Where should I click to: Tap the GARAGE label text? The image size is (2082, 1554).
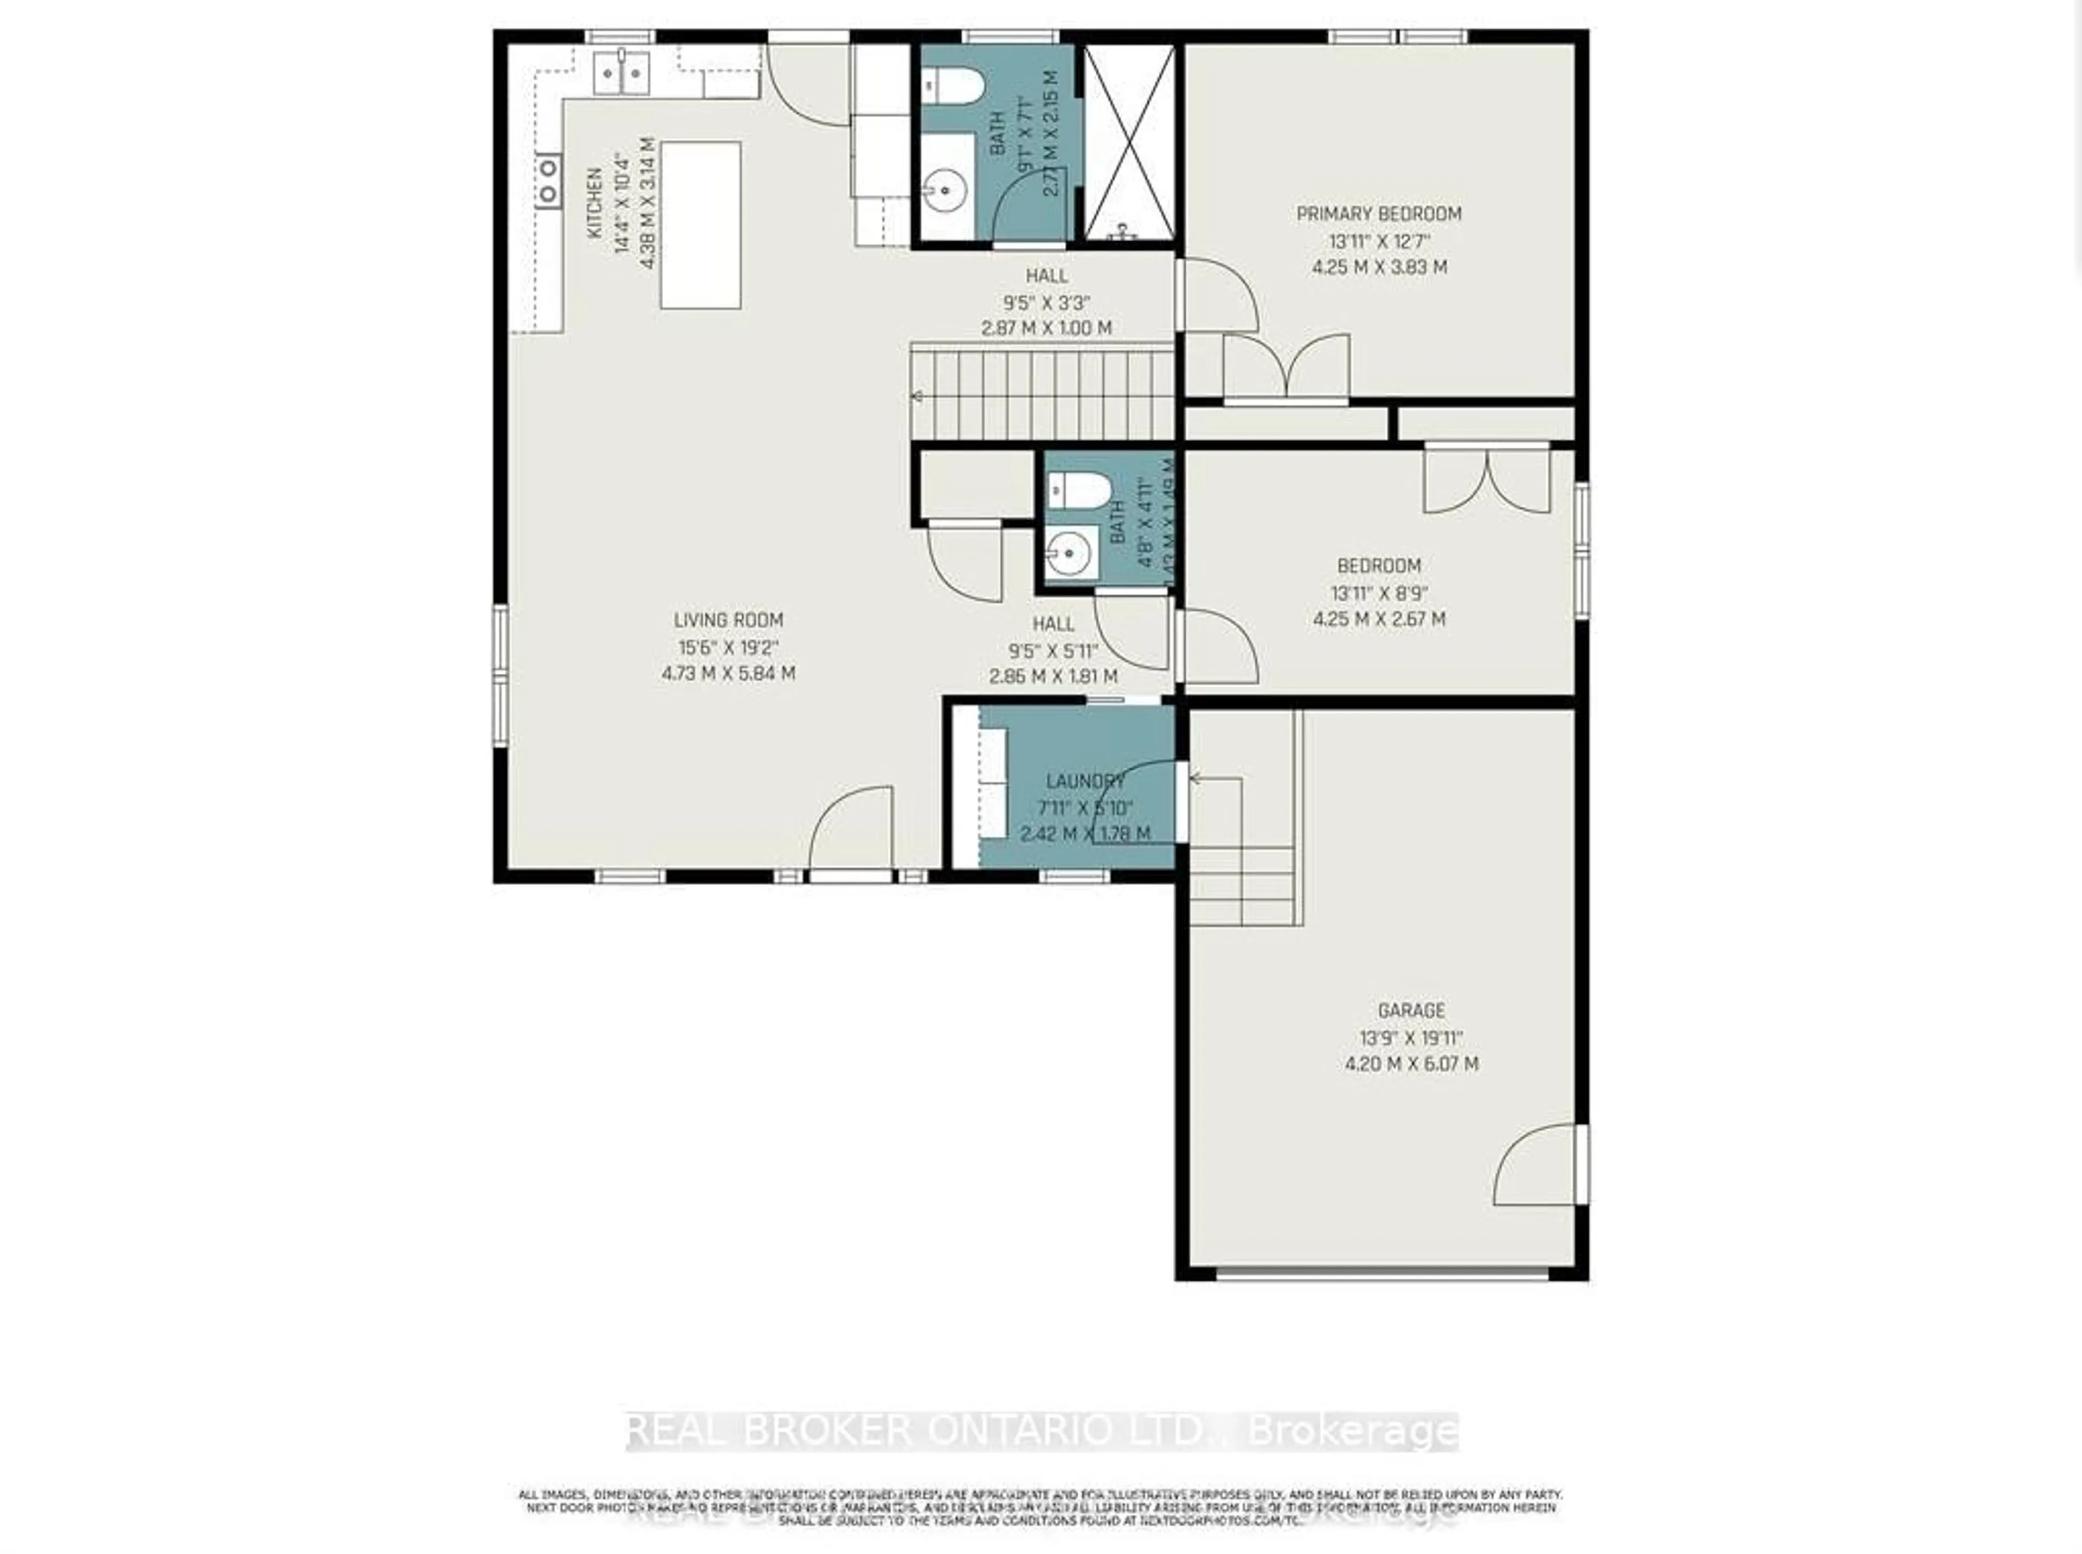coord(1410,1010)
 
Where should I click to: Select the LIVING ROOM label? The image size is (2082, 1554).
coord(728,620)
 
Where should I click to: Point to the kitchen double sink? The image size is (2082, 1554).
coord(622,73)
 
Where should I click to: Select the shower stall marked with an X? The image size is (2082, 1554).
coord(1129,141)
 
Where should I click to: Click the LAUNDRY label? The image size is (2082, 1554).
coord(1085,781)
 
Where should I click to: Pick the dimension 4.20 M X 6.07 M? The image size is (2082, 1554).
coord(1410,1064)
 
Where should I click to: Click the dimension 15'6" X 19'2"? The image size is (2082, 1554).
coord(728,647)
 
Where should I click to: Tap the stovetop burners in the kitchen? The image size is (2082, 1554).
coord(547,182)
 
